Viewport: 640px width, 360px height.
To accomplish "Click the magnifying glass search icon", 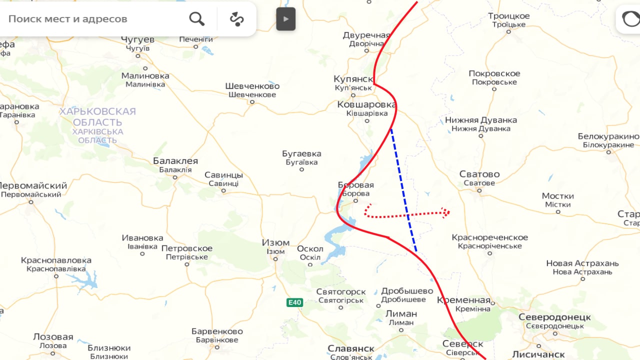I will coord(196,19).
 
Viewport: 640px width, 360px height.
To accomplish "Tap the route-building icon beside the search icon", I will coord(236,19).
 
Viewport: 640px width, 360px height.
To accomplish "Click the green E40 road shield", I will coord(294,302).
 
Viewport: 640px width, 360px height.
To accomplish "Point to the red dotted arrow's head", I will coord(446,213).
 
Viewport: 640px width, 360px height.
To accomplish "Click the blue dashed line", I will coord(403,190).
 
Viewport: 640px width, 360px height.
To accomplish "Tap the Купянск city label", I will coord(353,79).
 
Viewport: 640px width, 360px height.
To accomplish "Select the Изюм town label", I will coord(275,242).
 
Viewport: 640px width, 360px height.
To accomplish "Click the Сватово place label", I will coord(479,174).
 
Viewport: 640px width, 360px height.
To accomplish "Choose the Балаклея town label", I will coord(175,161).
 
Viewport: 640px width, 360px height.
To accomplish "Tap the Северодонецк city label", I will coord(554,317).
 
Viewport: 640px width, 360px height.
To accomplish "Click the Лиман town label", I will coord(401,314).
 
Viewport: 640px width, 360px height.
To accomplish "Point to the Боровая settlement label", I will coord(355,185).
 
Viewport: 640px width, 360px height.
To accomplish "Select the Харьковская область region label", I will coord(97,117).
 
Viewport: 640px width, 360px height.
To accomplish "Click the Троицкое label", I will coord(508,16).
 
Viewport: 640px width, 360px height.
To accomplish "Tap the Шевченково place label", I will coord(252,86).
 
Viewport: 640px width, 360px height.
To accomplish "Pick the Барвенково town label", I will coord(217,331).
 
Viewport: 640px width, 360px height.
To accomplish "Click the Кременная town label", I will coord(463,300).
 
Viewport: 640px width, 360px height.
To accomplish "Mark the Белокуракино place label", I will coord(608,136).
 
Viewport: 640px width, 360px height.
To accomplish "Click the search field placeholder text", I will coord(68,19).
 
